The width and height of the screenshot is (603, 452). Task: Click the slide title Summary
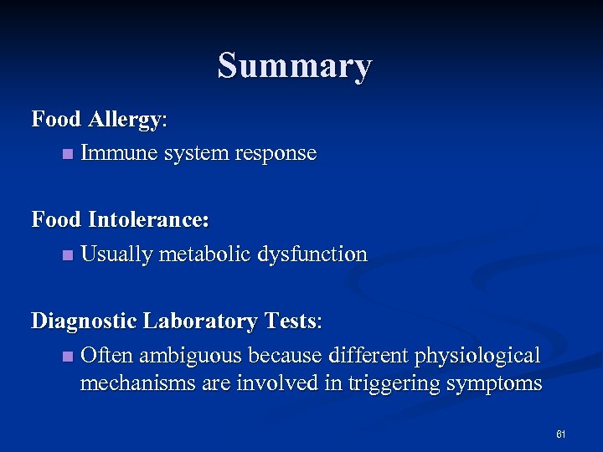pyautogui.click(x=295, y=66)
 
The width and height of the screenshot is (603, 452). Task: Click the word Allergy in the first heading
pyautogui.click(x=126, y=120)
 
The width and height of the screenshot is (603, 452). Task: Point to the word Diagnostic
pyautogui.click(x=84, y=321)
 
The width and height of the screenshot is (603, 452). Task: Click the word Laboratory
pyautogui.click(x=200, y=321)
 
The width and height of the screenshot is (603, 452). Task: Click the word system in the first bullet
pyautogui.click(x=195, y=154)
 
